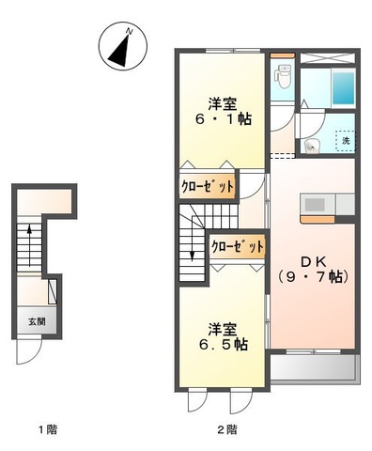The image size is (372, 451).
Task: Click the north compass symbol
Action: tap(123, 46)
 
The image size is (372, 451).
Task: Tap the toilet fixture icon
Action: tap(283, 76)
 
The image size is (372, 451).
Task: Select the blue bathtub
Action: tap(344, 88)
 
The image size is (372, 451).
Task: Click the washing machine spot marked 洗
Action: tap(346, 141)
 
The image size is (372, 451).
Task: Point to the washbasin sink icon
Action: tap(312, 147)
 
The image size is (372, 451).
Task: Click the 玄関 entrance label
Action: tap(37, 321)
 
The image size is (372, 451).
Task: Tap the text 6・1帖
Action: tap(224, 119)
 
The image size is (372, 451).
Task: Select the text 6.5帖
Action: tap(224, 345)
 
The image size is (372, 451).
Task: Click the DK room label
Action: tap(314, 262)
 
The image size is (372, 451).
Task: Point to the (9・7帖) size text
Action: tap(314, 277)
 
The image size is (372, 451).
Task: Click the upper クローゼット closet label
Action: tap(208, 186)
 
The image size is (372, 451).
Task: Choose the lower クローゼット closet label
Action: tap(238, 246)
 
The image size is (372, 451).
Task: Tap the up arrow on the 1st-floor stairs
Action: tap(29, 245)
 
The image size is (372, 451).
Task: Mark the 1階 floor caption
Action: tap(48, 428)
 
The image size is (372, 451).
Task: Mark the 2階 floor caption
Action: tap(227, 428)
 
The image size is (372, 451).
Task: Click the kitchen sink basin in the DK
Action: tap(314, 205)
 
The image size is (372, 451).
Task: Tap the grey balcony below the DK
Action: tap(315, 368)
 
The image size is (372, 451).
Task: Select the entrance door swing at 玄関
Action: tap(29, 351)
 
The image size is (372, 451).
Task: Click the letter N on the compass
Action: tap(129, 31)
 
